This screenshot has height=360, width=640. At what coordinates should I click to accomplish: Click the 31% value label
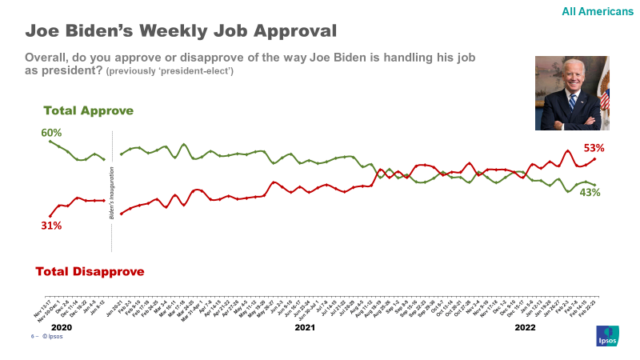pos(51,226)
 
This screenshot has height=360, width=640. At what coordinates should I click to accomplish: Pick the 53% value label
pos(594,148)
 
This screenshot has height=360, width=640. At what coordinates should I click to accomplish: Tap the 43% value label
pos(590,193)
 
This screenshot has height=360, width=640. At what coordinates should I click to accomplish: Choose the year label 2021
pos(305,328)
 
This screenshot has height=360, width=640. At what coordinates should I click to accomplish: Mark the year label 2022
pos(525,328)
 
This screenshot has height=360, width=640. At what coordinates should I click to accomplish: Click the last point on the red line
pos(594,158)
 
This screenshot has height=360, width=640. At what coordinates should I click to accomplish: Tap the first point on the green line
pos(50,141)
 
